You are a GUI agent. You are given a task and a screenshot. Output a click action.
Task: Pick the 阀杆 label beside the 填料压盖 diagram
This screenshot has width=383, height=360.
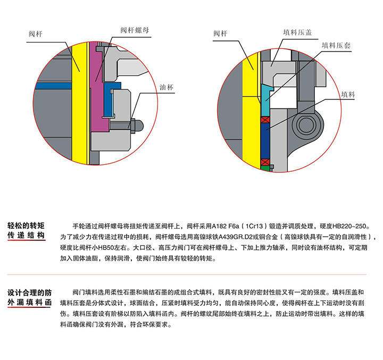click(220, 34)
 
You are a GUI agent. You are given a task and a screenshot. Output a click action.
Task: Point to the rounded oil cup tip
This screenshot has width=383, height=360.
click(138, 125)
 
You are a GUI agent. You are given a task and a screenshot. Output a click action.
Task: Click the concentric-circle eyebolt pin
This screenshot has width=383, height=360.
click(308, 125)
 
